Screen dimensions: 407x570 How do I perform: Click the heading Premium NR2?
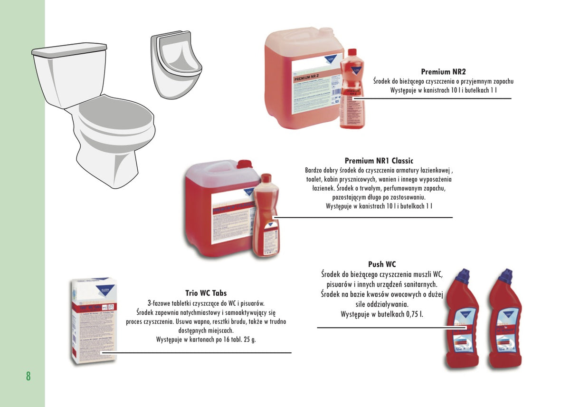click(x=443, y=72)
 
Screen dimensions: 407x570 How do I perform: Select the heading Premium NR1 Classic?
click(x=379, y=161)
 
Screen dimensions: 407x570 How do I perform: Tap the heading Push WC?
click(x=382, y=264)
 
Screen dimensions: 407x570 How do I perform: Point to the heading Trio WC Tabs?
click(x=206, y=293)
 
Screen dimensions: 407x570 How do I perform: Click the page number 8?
click(x=28, y=376)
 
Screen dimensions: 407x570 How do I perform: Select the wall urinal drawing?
click(x=176, y=64)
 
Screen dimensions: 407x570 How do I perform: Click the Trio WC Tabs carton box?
click(x=94, y=320)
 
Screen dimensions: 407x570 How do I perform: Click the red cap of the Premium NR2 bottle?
click(x=352, y=53)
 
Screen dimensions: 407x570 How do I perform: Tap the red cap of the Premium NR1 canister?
click(x=244, y=165)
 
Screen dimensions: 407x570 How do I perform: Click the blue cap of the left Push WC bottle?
click(x=463, y=275)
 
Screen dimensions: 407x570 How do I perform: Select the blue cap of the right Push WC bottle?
click(x=506, y=275)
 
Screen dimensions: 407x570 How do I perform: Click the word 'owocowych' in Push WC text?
click(x=391, y=294)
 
